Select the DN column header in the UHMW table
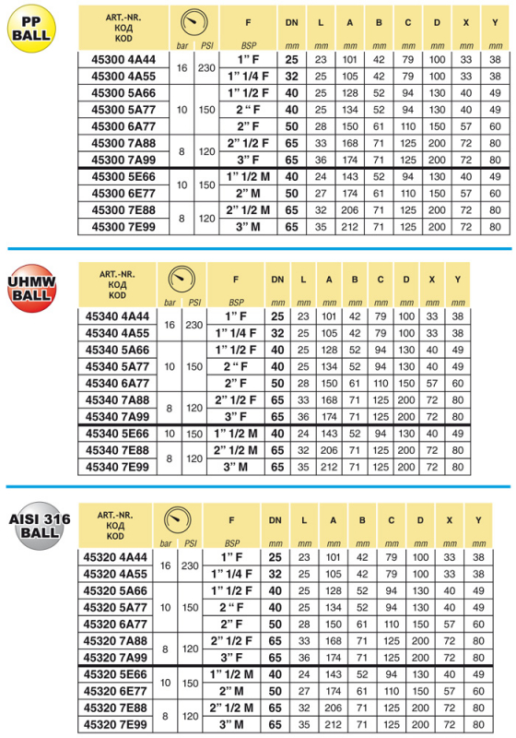point(277,279)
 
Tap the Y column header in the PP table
point(495,19)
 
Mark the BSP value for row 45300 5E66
point(245,176)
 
